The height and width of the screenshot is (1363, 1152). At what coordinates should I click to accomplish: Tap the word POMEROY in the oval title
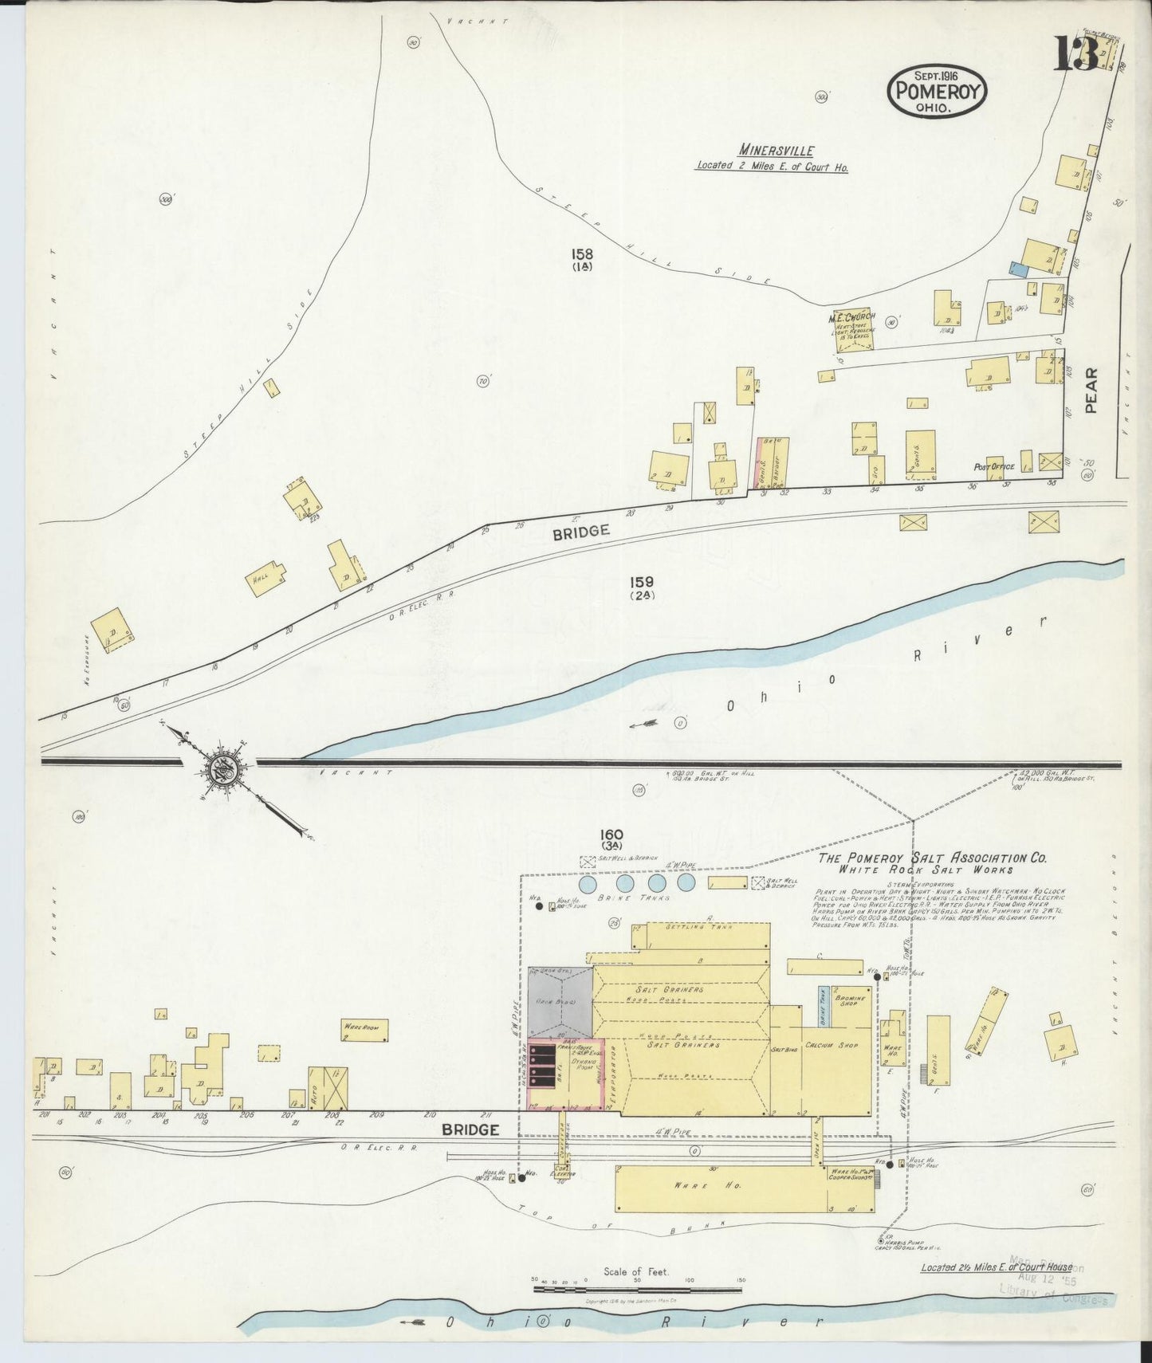(x=937, y=89)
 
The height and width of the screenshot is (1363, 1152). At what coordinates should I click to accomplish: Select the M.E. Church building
(x=853, y=328)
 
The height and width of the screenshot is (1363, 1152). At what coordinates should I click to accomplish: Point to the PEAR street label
(x=1091, y=391)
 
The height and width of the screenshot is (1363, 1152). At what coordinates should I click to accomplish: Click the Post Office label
(x=992, y=466)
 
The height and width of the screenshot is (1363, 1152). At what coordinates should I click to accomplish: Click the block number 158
(x=581, y=254)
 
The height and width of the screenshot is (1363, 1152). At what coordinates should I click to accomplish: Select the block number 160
(x=612, y=835)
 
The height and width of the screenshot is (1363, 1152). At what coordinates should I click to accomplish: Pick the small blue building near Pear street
(x=1018, y=269)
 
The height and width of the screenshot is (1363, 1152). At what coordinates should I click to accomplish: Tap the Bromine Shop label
(x=845, y=998)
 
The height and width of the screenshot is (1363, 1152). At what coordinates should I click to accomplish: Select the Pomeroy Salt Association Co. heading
(x=932, y=858)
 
